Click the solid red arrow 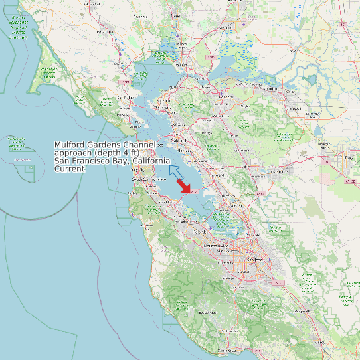tap(181, 186)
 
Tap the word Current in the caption tap(70, 169)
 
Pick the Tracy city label tap(348, 157)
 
